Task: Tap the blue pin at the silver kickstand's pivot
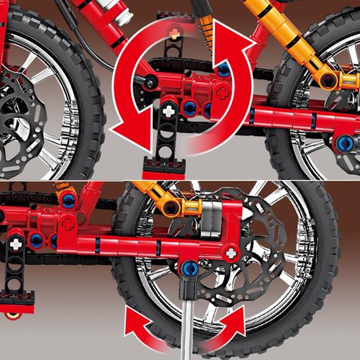click(x=190, y=269)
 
